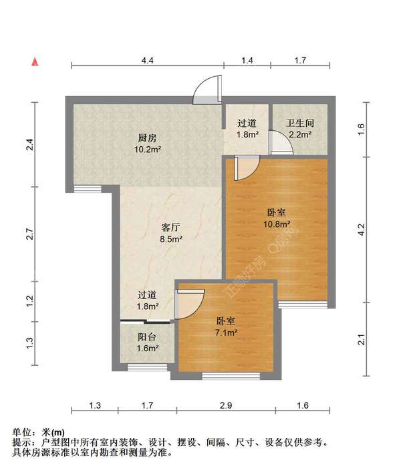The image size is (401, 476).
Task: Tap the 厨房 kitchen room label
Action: tap(147, 138)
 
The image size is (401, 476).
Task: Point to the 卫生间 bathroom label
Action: tap(299, 124)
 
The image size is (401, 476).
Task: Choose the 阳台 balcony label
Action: tap(147, 337)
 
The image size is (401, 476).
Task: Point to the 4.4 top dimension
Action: tap(147, 61)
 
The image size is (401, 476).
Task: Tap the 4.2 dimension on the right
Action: tap(362, 230)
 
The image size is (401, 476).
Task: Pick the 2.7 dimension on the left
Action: tap(29, 234)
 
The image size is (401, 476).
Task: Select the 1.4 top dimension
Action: tap(247, 61)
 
